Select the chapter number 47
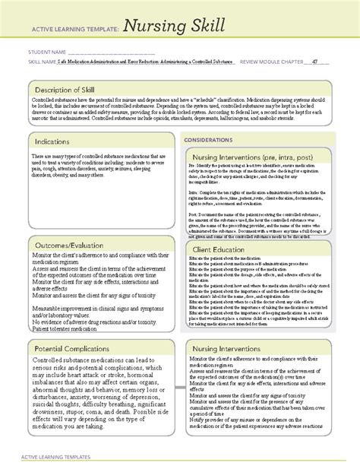point(314,65)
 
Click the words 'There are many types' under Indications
point(46,154)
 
